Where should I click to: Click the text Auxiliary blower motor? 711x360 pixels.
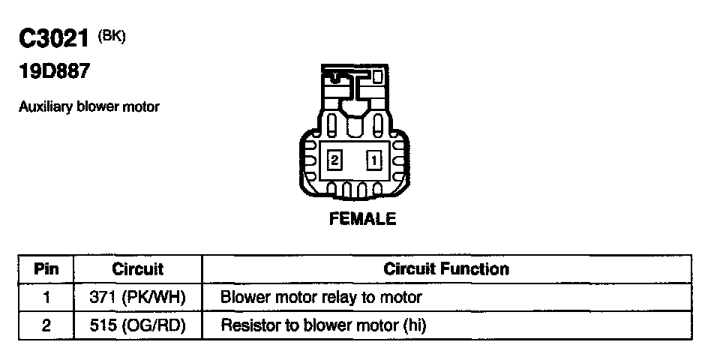click(88, 107)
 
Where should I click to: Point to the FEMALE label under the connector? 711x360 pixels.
click(362, 220)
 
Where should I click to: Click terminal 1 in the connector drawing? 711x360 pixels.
click(373, 159)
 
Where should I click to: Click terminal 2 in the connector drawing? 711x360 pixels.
click(334, 159)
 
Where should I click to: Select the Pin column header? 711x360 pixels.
click(46, 269)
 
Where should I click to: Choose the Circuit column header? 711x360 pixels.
click(137, 269)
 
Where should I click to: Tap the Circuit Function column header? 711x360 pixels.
click(445, 269)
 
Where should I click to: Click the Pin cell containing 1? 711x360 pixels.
click(46, 298)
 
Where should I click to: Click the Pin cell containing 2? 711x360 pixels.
click(46, 326)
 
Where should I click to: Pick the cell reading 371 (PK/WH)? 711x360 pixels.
click(138, 298)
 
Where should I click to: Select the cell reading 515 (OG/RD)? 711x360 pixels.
click(138, 326)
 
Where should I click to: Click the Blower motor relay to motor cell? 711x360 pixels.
click(321, 298)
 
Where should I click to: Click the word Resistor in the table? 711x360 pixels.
click(249, 326)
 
